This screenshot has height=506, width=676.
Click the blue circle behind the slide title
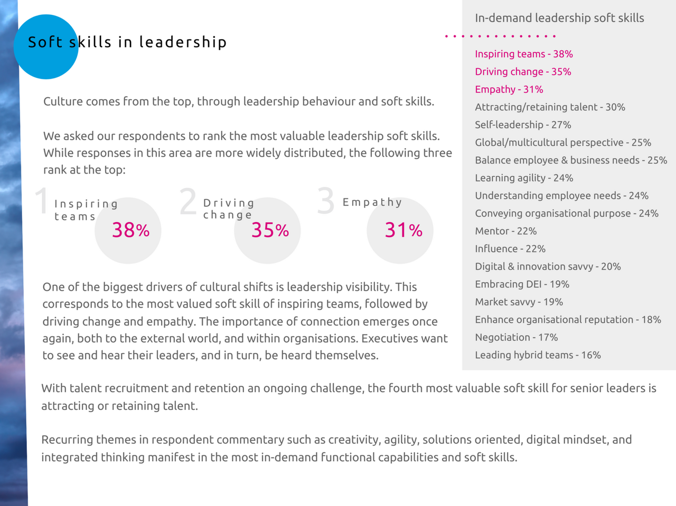click(x=46, y=47)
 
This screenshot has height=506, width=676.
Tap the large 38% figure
click(x=130, y=230)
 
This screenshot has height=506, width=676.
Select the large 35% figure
click(x=270, y=230)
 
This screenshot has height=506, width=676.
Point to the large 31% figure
click(x=403, y=230)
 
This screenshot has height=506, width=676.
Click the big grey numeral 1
click(x=41, y=201)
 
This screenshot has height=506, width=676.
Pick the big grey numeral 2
click(x=188, y=201)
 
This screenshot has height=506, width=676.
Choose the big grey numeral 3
click(x=326, y=201)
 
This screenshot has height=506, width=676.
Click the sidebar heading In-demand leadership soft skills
click(x=559, y=18)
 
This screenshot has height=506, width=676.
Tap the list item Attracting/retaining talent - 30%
click(x=550, y=107)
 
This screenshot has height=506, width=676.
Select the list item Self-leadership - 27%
click(x=523, y=125)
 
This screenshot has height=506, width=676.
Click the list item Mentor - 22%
click(x=505, y=231)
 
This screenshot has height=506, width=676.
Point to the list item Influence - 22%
click(x=510, y=249)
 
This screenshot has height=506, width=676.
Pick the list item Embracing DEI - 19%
click(x=522, y=284)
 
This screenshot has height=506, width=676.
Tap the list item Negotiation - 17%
click(x=516, y=337)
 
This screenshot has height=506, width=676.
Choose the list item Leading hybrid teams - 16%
click(x=538, y=355)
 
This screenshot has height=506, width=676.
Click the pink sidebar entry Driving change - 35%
click(x=523, y=72)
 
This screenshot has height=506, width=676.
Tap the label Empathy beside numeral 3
click(x=372, y=202)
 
